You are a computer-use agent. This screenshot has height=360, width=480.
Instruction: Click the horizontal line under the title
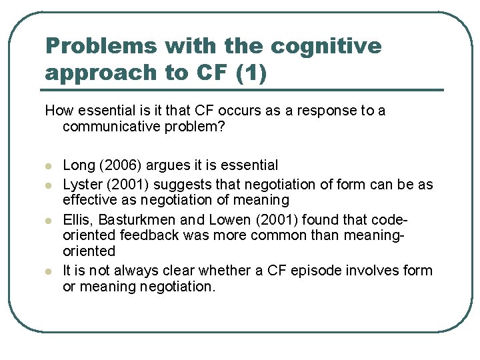click(243, 89)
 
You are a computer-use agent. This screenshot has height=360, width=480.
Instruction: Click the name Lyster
click(80, 184)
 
